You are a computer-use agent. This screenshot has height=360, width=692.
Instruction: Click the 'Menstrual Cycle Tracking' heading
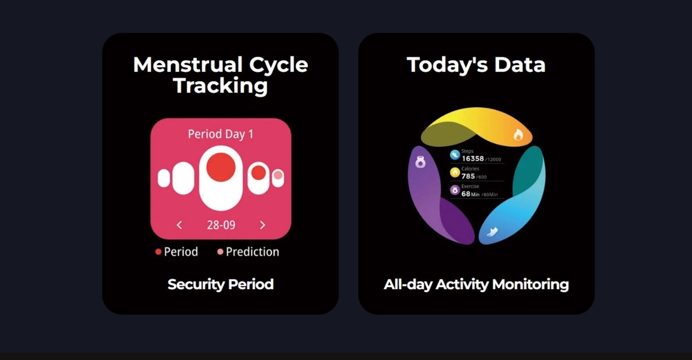220,75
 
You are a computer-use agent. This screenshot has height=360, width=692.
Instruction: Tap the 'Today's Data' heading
476,65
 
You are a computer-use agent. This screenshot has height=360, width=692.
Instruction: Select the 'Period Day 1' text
220,134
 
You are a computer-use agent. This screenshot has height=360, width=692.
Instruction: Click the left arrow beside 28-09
179,225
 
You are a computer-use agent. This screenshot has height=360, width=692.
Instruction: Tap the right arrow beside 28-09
262,225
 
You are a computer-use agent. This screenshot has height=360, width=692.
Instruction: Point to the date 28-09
221,225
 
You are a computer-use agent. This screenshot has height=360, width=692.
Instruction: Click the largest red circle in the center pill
221,167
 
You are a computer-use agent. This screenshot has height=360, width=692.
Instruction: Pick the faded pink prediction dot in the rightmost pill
278,175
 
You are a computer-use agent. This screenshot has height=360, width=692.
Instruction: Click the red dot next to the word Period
158,252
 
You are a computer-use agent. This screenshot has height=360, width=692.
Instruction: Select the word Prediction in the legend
253,252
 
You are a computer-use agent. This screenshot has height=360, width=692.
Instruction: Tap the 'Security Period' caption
220,285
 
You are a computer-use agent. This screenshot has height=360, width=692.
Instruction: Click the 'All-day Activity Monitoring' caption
476,285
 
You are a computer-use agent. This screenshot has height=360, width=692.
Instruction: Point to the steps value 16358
473,159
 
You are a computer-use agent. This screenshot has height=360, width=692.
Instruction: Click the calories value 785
468,176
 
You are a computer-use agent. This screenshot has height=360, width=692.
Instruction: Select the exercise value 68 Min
471,194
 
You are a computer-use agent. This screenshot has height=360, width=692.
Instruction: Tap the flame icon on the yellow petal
518,135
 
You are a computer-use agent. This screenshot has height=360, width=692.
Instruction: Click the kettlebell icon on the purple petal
420,162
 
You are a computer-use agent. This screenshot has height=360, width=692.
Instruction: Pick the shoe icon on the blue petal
492,231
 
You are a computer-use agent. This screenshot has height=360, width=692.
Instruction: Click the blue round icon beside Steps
455,155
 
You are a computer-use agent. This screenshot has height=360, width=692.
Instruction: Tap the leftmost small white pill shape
164,178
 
